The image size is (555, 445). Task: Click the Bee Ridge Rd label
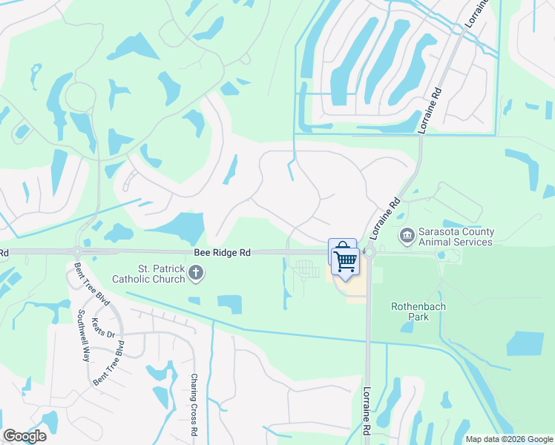(x=221, y=253)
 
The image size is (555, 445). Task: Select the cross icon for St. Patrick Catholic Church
(x=196, y=274)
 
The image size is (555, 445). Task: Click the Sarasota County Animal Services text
(x=456, y=237)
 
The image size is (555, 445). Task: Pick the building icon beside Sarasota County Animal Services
(x=407, y=236)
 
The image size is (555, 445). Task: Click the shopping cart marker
(x=345, y=261)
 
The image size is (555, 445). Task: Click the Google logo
(x=24, y=436)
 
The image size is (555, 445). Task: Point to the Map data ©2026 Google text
(x=509, y=439)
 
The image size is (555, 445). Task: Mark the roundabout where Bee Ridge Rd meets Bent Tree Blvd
(x=77, y=252)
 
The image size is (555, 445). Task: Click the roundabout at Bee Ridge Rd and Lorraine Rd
(x=369, y=253)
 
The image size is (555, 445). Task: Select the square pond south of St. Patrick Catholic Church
(x=229, y=304)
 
